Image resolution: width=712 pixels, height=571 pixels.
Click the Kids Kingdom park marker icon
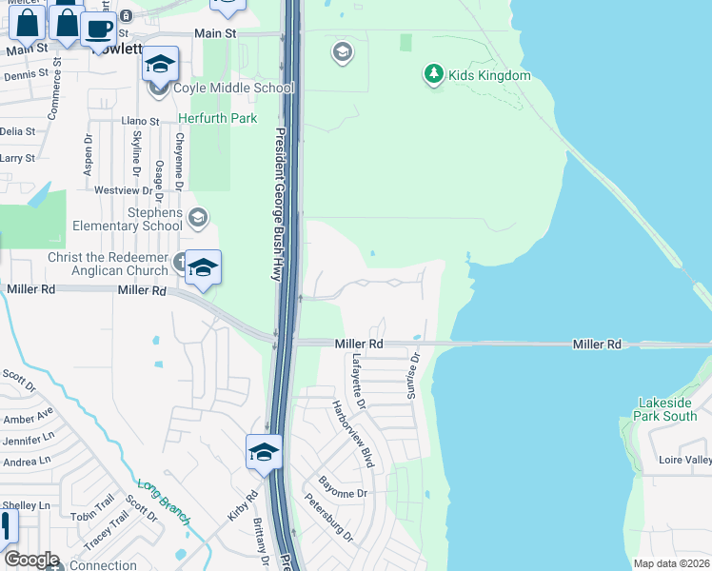click(434, 74)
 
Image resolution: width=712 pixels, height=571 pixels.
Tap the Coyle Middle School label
click(233, 89)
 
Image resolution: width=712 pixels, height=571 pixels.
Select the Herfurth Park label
click(218, 119)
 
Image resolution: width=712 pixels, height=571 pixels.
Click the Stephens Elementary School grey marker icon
click(198, 218)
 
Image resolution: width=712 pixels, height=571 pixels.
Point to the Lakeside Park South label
click(667, 409)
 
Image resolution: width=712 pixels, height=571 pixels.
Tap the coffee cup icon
click(98, 29)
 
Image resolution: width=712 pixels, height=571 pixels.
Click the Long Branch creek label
click(165, 501)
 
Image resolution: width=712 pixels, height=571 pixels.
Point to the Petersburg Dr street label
click(328, 518)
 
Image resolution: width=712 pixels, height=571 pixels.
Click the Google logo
click(32, 560)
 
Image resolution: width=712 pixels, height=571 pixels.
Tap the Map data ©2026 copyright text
click(670, 563)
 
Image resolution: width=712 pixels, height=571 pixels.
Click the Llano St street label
click(140, 122)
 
